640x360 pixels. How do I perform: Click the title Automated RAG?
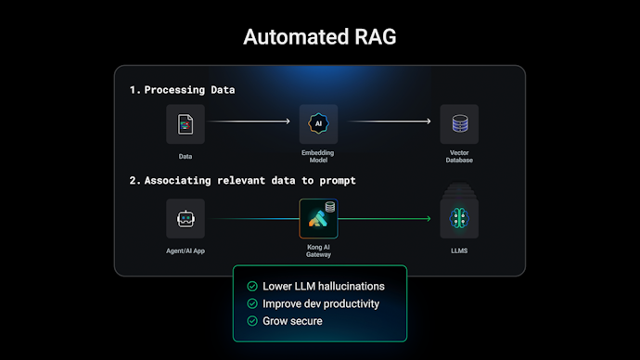coord(319,37)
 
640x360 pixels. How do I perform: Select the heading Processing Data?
coord(182,90)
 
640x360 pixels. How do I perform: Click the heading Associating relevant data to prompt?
coord(242,180)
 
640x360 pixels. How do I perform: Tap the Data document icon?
coord(186,123)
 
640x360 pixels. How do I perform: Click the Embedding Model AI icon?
coord(318,123)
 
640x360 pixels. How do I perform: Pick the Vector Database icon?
coord(459,123)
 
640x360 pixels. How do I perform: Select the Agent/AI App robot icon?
coord(186,218)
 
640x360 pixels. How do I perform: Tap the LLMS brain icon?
coord(459,218)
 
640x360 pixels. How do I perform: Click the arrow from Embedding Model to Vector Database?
coord(389,122)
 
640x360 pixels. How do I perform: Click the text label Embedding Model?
coord(318,156)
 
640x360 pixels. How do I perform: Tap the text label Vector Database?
coord(459,156)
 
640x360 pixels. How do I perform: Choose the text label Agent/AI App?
coord(186,251)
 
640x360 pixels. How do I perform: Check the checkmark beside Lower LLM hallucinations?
coord(251,287)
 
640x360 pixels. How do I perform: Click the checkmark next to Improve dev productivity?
coord(251,303)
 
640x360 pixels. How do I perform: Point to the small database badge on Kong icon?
coord(330,206)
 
